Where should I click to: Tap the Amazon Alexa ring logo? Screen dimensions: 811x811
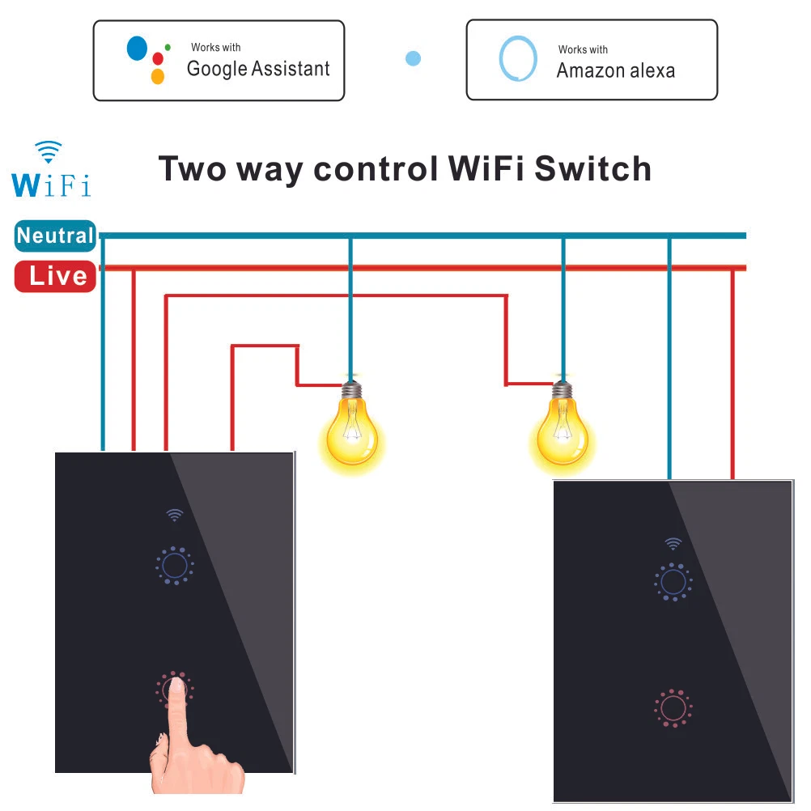pyautogui.click(x=518, y=60)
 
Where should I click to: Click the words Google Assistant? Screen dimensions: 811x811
pyautogui.click(x=258, y=69)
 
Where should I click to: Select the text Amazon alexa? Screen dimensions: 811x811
pyautogui.click(x=615, y=70)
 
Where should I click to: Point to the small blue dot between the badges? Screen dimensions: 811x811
pyautogui.click(x=413, y=58)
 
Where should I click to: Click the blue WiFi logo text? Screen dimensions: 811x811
pyautogui.click(x=51, y=183)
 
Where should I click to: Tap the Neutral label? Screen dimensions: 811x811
pyautogui.click(x=55, y=236)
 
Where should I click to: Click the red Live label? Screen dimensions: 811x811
pyautogui.click(x=56, y=276)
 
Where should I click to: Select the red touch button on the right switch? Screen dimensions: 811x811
pyautogui.click(x=671, y=708)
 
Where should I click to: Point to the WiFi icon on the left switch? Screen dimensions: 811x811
pyautogui.click(x=173, y=514)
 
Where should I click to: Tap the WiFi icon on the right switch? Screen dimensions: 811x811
pyautogui.click(x=673, y=543)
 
